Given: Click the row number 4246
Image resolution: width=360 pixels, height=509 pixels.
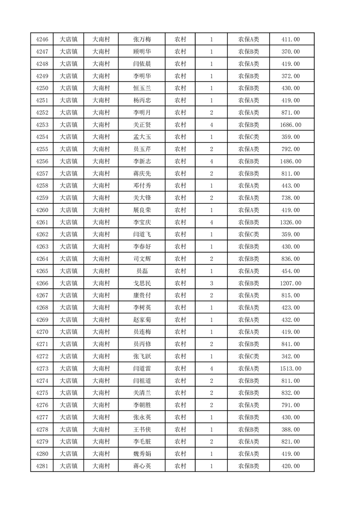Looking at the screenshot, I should pyautogui.click(x=42, y=39).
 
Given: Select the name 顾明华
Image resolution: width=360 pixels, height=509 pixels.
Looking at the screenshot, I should pyautogui.click(x=142, y=52).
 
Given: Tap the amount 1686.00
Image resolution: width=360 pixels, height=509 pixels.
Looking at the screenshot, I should pyautogui.click(x=291, y=125).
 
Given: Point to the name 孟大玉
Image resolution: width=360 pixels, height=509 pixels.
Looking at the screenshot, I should pyautogui.click(x=142, y=137).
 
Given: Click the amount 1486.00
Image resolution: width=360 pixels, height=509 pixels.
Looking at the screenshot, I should pyautogui.click(x=291, y=161).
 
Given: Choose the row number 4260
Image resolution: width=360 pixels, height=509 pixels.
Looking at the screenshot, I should pyautogui.click(x=42, y=210).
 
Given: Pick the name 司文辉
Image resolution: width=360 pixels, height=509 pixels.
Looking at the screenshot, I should pyautogui.click(x=142, y=259).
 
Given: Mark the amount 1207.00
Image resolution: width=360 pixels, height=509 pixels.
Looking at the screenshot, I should pyautogui.click(x=291, y=283).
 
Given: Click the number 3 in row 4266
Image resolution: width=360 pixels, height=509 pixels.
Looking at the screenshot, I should pyautogui.click(x=212, y=283).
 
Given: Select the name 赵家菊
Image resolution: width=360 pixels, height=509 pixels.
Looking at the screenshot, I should pyautogui.click(x=142, y=320).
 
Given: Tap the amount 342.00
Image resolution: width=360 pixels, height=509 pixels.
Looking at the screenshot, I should pyautogui.click(x=291, y=356).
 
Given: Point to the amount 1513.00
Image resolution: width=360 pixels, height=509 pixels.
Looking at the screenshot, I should pyautogui.click(x=291, y=368).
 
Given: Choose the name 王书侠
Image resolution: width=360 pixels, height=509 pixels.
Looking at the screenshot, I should pyautogui.click(x=142, y=429).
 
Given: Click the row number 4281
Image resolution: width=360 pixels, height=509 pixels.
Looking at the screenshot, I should pyautogui.click(x=42, y=466).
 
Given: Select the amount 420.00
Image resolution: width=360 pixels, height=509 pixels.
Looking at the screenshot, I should pyautogui.click(x=291, y=466).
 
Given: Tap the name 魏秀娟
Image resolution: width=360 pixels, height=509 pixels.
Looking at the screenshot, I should pyautogui.click(x=142, y=454).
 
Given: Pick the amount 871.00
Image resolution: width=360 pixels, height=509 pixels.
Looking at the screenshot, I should pyautogui.click(x=291, y=113).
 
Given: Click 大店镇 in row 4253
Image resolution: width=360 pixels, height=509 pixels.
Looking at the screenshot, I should pyautogui.click(x=69, y=125).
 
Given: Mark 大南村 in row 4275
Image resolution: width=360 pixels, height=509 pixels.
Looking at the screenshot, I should pyautogui.click(x=101, y=393).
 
